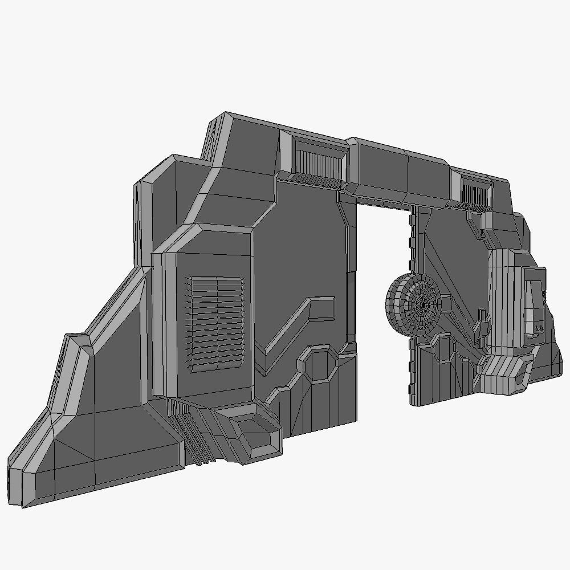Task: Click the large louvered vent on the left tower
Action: click(217, 323)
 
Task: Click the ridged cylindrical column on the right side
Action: click(502, 299)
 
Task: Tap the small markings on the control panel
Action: click(539, 328)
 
